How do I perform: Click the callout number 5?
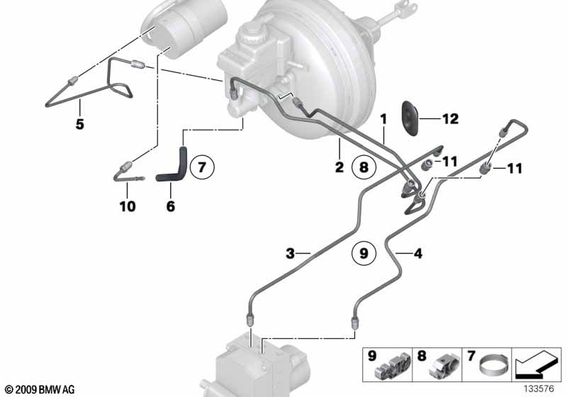(x=80, y=124)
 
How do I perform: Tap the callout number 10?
(x=128, y=206)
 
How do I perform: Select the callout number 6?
(x=171, y=206)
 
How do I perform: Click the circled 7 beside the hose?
(x=202, y=167)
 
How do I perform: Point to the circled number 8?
(x=364, y=167)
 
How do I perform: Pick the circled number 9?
(x=364, y=252)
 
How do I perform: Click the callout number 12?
(x=451, y=118)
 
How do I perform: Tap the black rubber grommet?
(x=410, y=118)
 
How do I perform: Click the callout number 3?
(x=290, y=254)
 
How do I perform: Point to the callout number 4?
(x=417, y=254)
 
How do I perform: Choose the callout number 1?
(x=383, y=119)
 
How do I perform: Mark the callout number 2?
(x=339, y=167)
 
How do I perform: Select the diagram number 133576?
(x=539, y=388)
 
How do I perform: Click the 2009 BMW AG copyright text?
(x=40, y=389)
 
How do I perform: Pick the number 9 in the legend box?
(x=371, y=356)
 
